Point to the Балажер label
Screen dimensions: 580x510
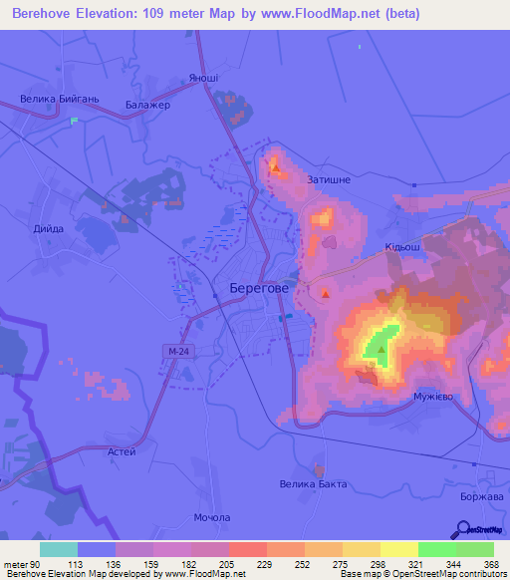click(148, 106)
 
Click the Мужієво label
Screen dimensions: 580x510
click(434, 397)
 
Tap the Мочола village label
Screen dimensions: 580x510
click(212, 517)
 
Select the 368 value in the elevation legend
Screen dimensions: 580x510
click(489, 563)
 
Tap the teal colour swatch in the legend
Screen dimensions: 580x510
click(58, 549)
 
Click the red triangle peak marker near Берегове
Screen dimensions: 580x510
click(325, 293)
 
